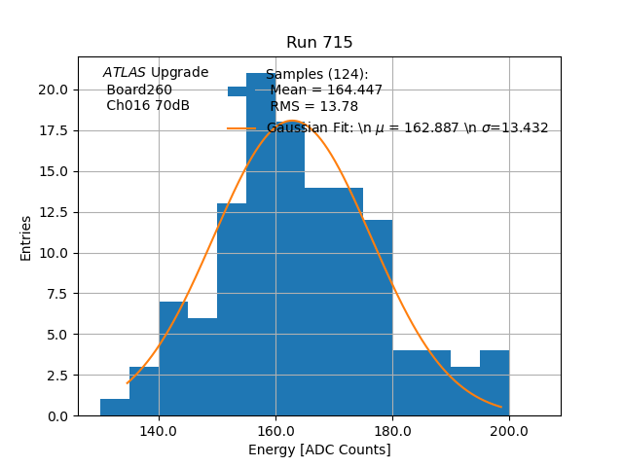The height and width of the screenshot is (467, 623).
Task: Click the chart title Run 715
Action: point(319,43)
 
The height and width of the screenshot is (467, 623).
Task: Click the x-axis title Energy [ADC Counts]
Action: point(319,449)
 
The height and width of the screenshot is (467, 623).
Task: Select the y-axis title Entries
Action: point(26,237)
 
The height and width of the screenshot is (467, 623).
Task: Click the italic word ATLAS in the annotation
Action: point(125,73)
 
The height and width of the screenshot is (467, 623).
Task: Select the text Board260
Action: point(139,90)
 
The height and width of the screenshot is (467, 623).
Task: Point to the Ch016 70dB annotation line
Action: point(148,106)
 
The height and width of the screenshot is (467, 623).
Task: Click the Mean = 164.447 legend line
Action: point(326,90)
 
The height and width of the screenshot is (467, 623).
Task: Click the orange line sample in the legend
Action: point(241,128)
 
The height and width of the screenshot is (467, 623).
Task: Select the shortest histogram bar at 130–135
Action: point(115,408)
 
